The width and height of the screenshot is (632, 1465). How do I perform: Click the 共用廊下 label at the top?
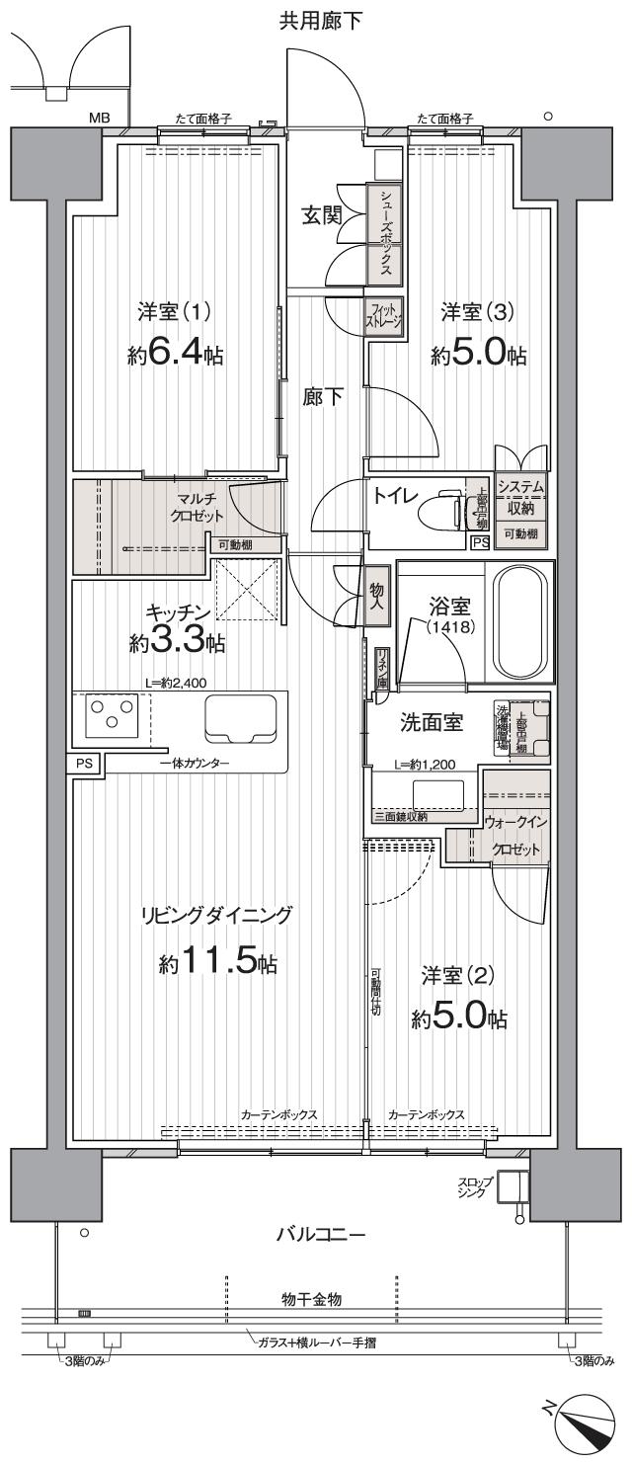(x=320, y=21)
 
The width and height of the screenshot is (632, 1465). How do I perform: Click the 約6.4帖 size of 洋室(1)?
(x=174, y=355)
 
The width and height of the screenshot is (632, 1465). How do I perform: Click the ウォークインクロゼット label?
(x=515, y=835)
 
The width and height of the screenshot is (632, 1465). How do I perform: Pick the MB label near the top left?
(x=100, y=119)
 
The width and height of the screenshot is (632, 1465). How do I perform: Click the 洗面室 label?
(x=432, y=722)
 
